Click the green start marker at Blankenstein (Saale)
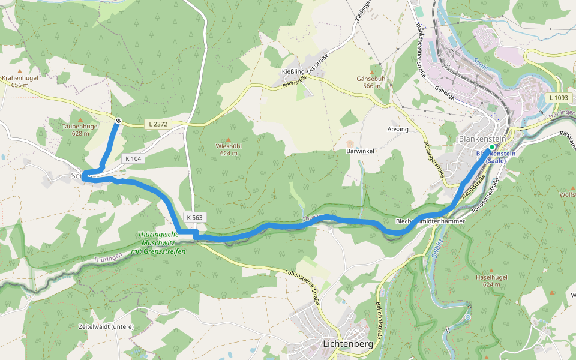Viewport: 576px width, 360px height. click(x=491, y=147)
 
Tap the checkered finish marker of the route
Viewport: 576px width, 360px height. click(x=118, y=121)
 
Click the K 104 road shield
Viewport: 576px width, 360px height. click(x=133, y=158)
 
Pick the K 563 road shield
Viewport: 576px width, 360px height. click(x=194, y=217)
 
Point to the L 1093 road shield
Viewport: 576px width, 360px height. click(x=558, y=97)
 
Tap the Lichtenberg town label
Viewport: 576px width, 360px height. click(x=347, y=344)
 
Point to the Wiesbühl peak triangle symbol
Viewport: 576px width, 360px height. click(x=228, y=139)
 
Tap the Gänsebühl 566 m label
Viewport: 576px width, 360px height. click(x=371, y=82)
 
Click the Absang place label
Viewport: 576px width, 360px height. click(x=398, y=129)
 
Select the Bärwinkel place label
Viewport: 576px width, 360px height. click(x=361, y=151)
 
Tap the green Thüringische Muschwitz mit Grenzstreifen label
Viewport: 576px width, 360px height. click(x=159, y=242)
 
